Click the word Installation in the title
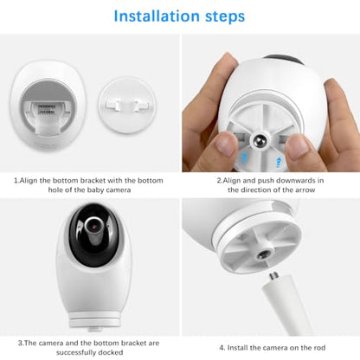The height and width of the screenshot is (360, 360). pyautogui.click(x=157, y=16)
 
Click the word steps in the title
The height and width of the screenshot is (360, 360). pyautogui.click(x=225, y=17)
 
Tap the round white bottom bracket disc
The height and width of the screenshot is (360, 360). pyautogui.click(x=127, y=105)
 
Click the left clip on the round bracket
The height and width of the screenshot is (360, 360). pyautogui.click(x=112, y=105)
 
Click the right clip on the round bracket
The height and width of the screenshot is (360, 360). pyautogui.click(x=140, y=105)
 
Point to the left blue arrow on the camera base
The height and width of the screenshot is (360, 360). pyautogui.click(x=244, y=158)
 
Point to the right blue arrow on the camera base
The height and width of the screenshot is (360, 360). pyautogui.click(x=279, y=163)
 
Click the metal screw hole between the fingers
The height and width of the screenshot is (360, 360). pyautogui.click(x=260, y=140)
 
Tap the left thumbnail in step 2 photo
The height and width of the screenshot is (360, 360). pyautogui.click(x=226, y=144)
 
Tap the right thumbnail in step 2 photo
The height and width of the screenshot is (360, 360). pyautogui.click(x=297, y=147)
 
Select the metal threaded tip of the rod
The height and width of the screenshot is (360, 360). pyautogui.click(x=273, y=275)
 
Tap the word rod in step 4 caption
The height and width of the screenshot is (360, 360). pyautogui.click(x=318, y=348)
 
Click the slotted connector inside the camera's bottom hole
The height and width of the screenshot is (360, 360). pyautogui.click(x=47, y=109)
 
